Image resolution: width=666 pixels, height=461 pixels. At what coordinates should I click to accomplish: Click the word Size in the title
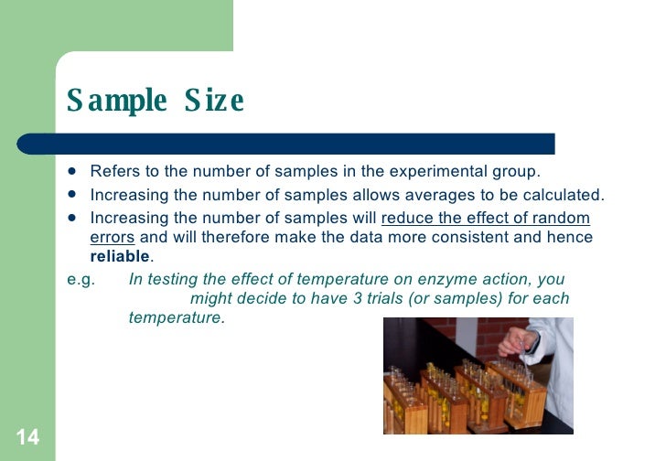pyautogui.click(x=214, y=101)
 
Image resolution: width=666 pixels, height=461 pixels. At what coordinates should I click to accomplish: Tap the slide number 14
pyautogui.click(x=27, y=437)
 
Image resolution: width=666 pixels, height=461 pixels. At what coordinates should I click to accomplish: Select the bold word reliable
pyautogui.click(x=119, y=256)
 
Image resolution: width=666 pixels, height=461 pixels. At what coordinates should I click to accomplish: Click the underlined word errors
pyautogui.click(x=112, y=238)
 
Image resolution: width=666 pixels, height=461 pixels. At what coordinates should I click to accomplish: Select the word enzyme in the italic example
pyautogui.click(x=464, y=280)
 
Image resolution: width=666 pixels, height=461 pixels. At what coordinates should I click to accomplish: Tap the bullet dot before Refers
pyautogui.click(x=72, y=171)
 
